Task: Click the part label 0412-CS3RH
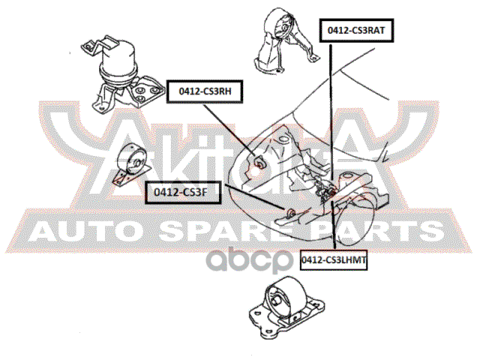click(x=204, y=91)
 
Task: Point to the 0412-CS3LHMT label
click(x=336, y=259)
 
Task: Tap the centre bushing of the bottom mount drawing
click(x=280, y=304)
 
